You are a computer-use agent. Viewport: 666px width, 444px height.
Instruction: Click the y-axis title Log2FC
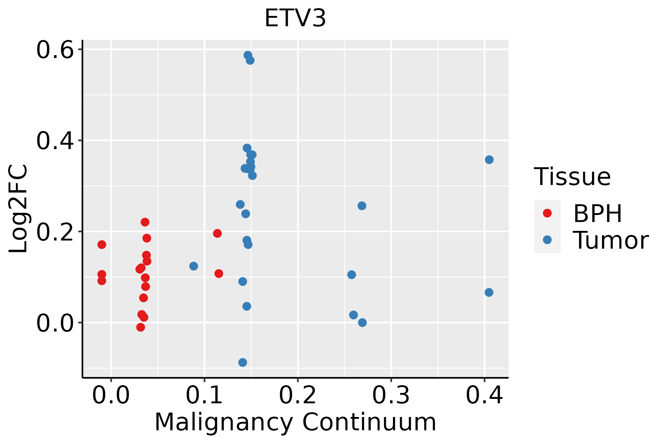tap(18, 209)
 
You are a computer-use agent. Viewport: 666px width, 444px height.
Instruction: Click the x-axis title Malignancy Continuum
tap(295, 422)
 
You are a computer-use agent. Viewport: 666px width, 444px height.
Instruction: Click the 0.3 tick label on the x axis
tap(391, 396)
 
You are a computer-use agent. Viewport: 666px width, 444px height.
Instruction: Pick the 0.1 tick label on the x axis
tap(204, 396)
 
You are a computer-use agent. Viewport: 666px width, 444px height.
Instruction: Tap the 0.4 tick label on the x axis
tap(484, 396)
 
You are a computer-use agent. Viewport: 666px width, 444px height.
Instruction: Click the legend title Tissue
tap(572, 177)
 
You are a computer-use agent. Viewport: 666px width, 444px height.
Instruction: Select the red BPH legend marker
tap(547, 213)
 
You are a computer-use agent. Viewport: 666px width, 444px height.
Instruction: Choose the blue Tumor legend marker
tap(547, 240)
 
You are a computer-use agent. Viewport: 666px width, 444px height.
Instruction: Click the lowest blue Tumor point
tap(243, 362)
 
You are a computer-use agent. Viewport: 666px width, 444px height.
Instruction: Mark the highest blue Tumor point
tap(248, 55)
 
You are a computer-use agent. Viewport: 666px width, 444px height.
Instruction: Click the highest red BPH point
tap(145, 222)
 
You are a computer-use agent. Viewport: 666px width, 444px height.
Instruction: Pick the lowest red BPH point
tap(141, 327)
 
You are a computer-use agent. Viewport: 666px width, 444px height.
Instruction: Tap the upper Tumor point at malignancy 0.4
tap(489, 159)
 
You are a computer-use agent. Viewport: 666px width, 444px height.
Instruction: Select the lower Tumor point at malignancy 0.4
tap(489, 292)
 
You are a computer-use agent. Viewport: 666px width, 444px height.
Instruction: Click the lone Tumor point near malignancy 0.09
tap(194, 266)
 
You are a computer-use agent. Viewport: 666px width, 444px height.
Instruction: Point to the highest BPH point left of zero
tap(102, 245)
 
